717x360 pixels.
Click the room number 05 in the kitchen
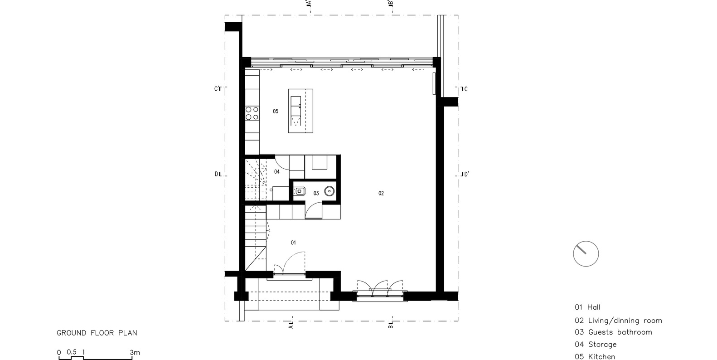click(x=276, y=112)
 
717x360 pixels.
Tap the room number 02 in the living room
click(x=381, y=194)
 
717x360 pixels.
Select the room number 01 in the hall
click(x=293, y=243)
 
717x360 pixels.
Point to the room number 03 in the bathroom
click(x=316, y=194)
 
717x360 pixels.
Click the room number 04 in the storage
click(x=277, y=172)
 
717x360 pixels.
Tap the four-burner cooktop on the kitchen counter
click(x=252, y=113)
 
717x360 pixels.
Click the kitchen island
click(x=300, y=111)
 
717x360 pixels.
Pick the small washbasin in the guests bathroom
click(x=300, y=192)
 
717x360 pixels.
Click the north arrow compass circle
click(x=586, y=254)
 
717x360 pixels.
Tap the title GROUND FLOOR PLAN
click(x=97, y=333)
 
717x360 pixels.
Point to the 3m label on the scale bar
click(x=135, y=352)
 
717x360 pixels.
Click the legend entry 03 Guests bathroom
click(x=613, y=332)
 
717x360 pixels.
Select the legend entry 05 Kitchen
click(x=595, y=357)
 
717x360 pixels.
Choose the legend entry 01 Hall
click(x=587, y=307)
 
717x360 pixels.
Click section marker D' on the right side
click(x=464, y=175)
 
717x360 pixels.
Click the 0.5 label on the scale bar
click(x=71, y=352)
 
